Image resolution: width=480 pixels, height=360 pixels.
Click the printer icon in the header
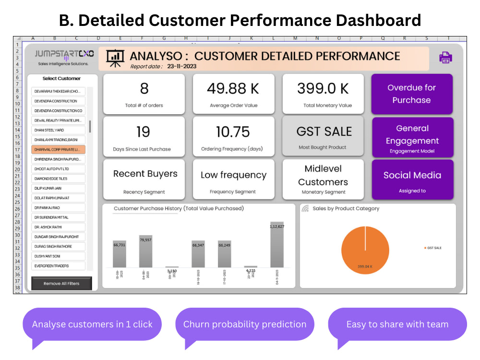445,58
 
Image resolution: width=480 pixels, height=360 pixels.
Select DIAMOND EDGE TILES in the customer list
58,179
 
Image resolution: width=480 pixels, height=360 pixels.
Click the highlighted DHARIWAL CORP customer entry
58,150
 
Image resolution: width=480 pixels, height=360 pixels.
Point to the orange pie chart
365,250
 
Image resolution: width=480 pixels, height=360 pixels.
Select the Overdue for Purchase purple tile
412,94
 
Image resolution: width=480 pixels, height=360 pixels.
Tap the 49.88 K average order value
233,89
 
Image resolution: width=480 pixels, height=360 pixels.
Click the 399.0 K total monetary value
323,89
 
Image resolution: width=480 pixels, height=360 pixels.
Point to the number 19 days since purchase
143,132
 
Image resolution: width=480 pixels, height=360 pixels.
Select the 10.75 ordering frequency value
233,132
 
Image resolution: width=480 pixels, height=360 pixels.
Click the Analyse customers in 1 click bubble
92,324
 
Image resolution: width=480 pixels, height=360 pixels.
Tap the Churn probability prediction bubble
245,324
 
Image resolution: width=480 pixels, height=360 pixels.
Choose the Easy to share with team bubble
397,324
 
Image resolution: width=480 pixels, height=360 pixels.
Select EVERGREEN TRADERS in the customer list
58,265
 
